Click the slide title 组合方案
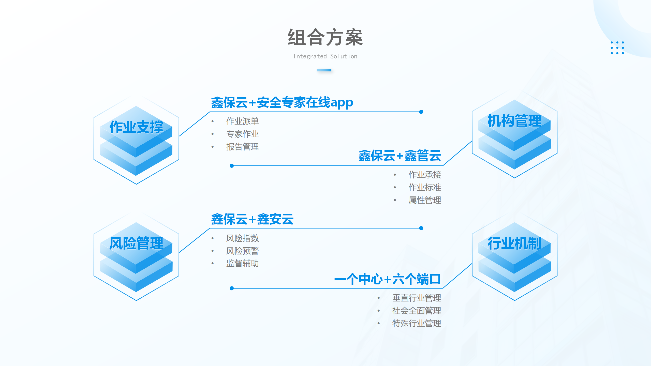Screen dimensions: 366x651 [x=325, y=38]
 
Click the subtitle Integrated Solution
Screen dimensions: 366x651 [x=325, y=56]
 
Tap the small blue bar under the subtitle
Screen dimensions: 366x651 [x=324, y=70]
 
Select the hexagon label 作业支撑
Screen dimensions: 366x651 [x=136, y=127]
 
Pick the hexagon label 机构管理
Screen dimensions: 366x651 [x=514, y=121]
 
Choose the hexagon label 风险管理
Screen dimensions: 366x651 [x=136, y=243]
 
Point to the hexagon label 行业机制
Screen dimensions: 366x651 [x=514, y=243]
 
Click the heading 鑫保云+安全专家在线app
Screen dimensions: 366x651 [x=282, y=103]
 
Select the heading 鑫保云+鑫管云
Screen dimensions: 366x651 [x=400, y=156]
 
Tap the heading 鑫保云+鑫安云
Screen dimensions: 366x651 [x=252, y=219]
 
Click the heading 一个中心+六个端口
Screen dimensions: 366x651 [x=387, y=279]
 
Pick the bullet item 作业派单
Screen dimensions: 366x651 [x=242, y=121]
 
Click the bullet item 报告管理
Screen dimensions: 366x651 [x=242, y=147]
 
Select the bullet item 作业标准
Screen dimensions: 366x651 [x=425, y=187]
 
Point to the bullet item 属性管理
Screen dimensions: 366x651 [x=425, y=200]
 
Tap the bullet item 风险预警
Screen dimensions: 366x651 [x=242, y=251]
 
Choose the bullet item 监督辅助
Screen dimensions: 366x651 [x=242, y=263]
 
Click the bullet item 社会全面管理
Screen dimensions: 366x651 [x=417, y=311]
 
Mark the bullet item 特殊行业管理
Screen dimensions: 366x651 [x=417, y=323]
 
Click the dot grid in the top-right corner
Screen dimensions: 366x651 [x=617, y=48]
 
